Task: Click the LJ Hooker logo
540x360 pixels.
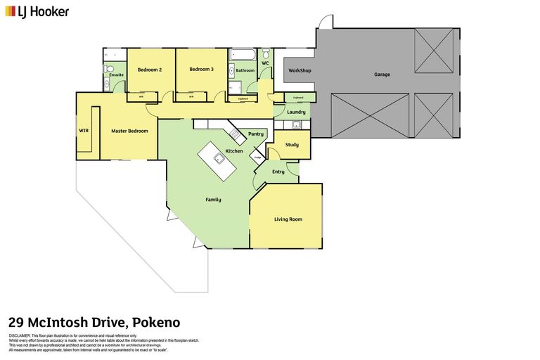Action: tap(37, 11)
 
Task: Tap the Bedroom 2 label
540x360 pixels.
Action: tap(150, 70)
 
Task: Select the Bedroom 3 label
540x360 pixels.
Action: tap(201, 70)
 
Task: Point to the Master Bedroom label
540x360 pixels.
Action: tap(129, 131)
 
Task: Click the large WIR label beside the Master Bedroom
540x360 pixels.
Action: tap(84, 130)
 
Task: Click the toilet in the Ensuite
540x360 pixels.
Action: tap(109, 69)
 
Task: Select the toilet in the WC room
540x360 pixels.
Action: tap(265, 55)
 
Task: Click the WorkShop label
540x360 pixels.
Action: tap(299, 71)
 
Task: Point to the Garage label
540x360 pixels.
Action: tap(382, 74)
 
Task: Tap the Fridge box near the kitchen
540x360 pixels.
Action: tap(258, 157)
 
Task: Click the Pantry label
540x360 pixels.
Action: tap(256, 134)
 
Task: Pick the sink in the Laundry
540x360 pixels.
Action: tap(297, 125)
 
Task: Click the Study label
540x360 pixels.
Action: tap(292, 145)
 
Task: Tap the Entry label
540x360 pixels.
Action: tap(278, 172)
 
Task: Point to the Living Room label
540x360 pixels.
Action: tap(288, 219)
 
